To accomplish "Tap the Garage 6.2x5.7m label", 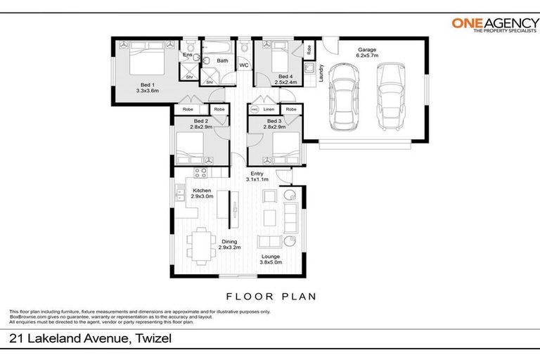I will (x=367, y=54).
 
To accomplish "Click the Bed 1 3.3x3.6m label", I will (x=148, y=87).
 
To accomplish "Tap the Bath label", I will (x=222, y=61).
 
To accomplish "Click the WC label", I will (x=244, y=66).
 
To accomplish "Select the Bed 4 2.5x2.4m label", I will (x=285, y=79).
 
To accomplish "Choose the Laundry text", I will (x=321, y=74).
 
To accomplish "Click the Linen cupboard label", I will (x=269, y=109).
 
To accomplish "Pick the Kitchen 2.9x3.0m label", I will (x=202, y=193).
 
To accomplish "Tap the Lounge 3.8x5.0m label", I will (x=271, y=260).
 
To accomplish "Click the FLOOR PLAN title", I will (x=270, y=295).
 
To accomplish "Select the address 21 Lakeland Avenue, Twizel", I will (x=90, y=339).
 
